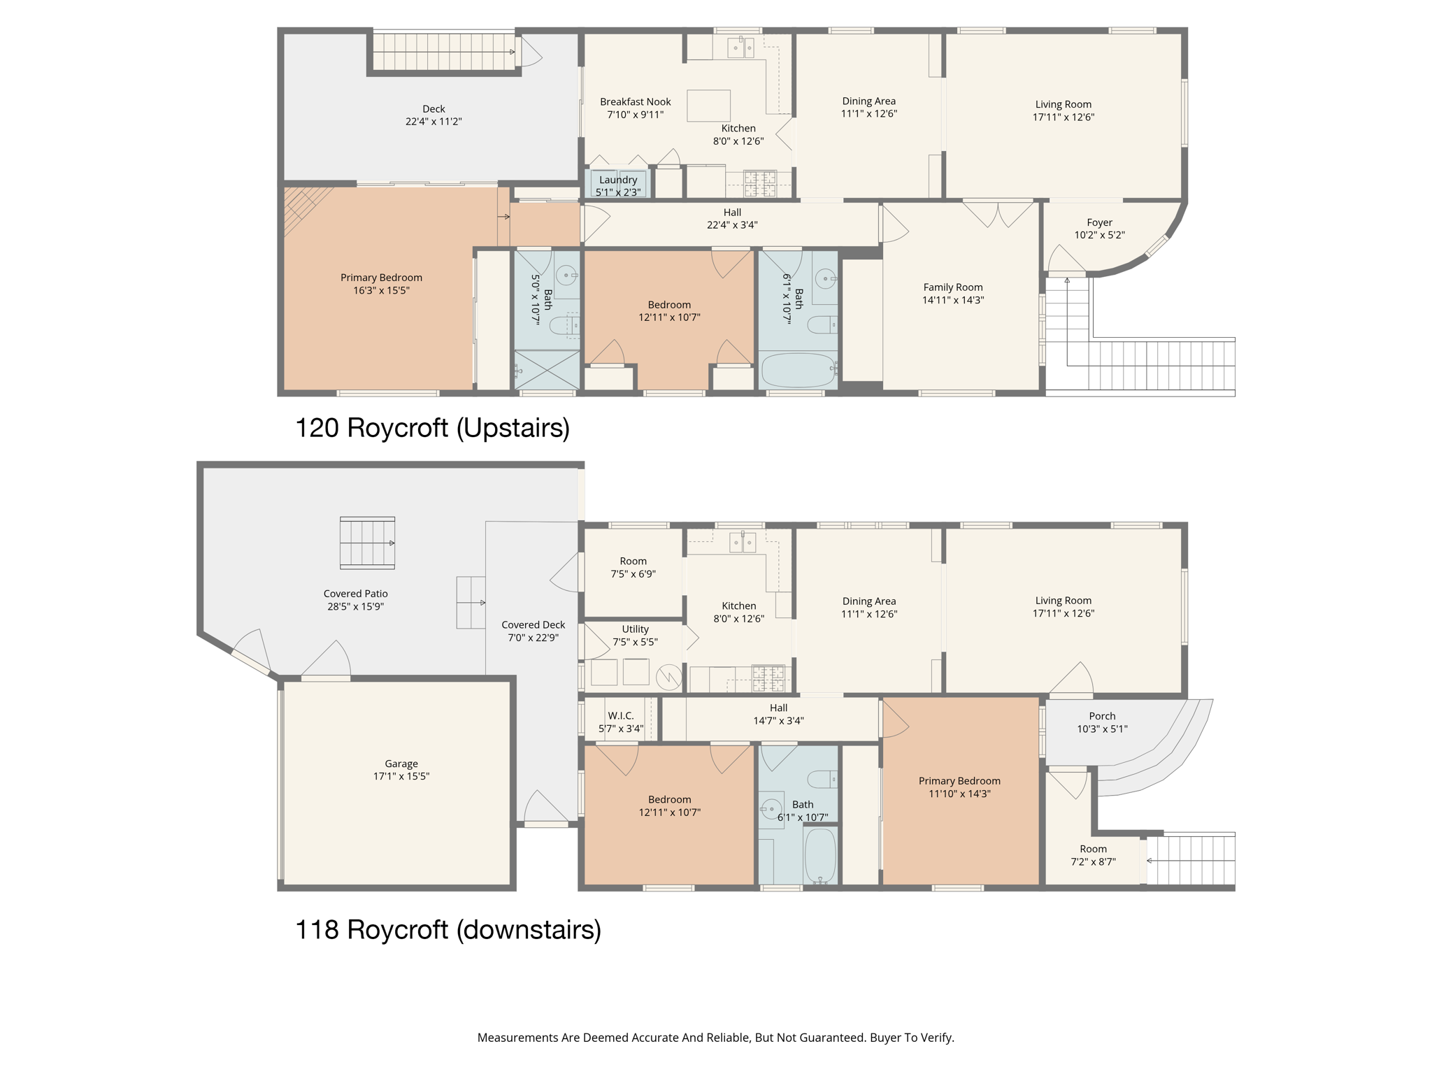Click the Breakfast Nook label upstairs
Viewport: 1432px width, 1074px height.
[635, 102]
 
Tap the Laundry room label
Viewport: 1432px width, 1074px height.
[618, 180]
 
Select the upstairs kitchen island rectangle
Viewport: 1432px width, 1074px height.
[708, 106]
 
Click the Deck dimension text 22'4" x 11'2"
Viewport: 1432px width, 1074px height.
[434, 122]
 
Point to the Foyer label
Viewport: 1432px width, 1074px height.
[1099, 222]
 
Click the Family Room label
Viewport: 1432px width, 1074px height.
[952, 287]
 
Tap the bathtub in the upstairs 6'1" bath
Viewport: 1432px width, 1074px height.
[798, 370]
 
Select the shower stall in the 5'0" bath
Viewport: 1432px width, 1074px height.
[547, 369]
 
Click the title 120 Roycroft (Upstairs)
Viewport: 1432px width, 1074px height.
[432, 428]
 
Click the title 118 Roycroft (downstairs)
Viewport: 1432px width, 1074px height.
[447, 929]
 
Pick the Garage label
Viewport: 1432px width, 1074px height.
[401, 764]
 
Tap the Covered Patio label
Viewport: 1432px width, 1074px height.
[355, 594]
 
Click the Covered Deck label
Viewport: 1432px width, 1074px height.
[533, 625]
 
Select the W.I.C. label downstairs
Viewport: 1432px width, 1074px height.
[620, 716]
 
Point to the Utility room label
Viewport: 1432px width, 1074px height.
[635, 629]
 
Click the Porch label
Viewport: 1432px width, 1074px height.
[1102, 716]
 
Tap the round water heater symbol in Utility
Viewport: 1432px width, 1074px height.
[669, 676]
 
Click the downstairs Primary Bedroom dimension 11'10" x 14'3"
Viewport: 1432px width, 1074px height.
[959, 794]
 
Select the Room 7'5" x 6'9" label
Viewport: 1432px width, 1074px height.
[633, 561]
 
